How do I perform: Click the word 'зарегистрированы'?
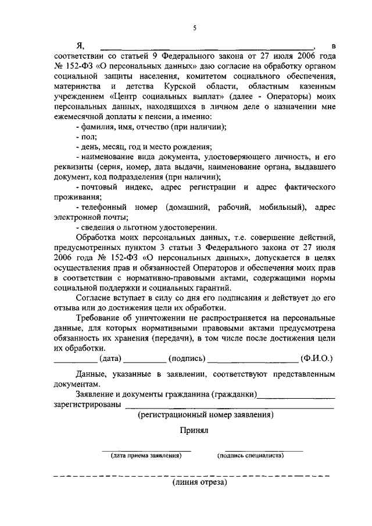(88, 405)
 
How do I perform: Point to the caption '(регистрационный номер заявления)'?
(205, 416)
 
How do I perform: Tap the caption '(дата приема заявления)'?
(146, 456)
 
